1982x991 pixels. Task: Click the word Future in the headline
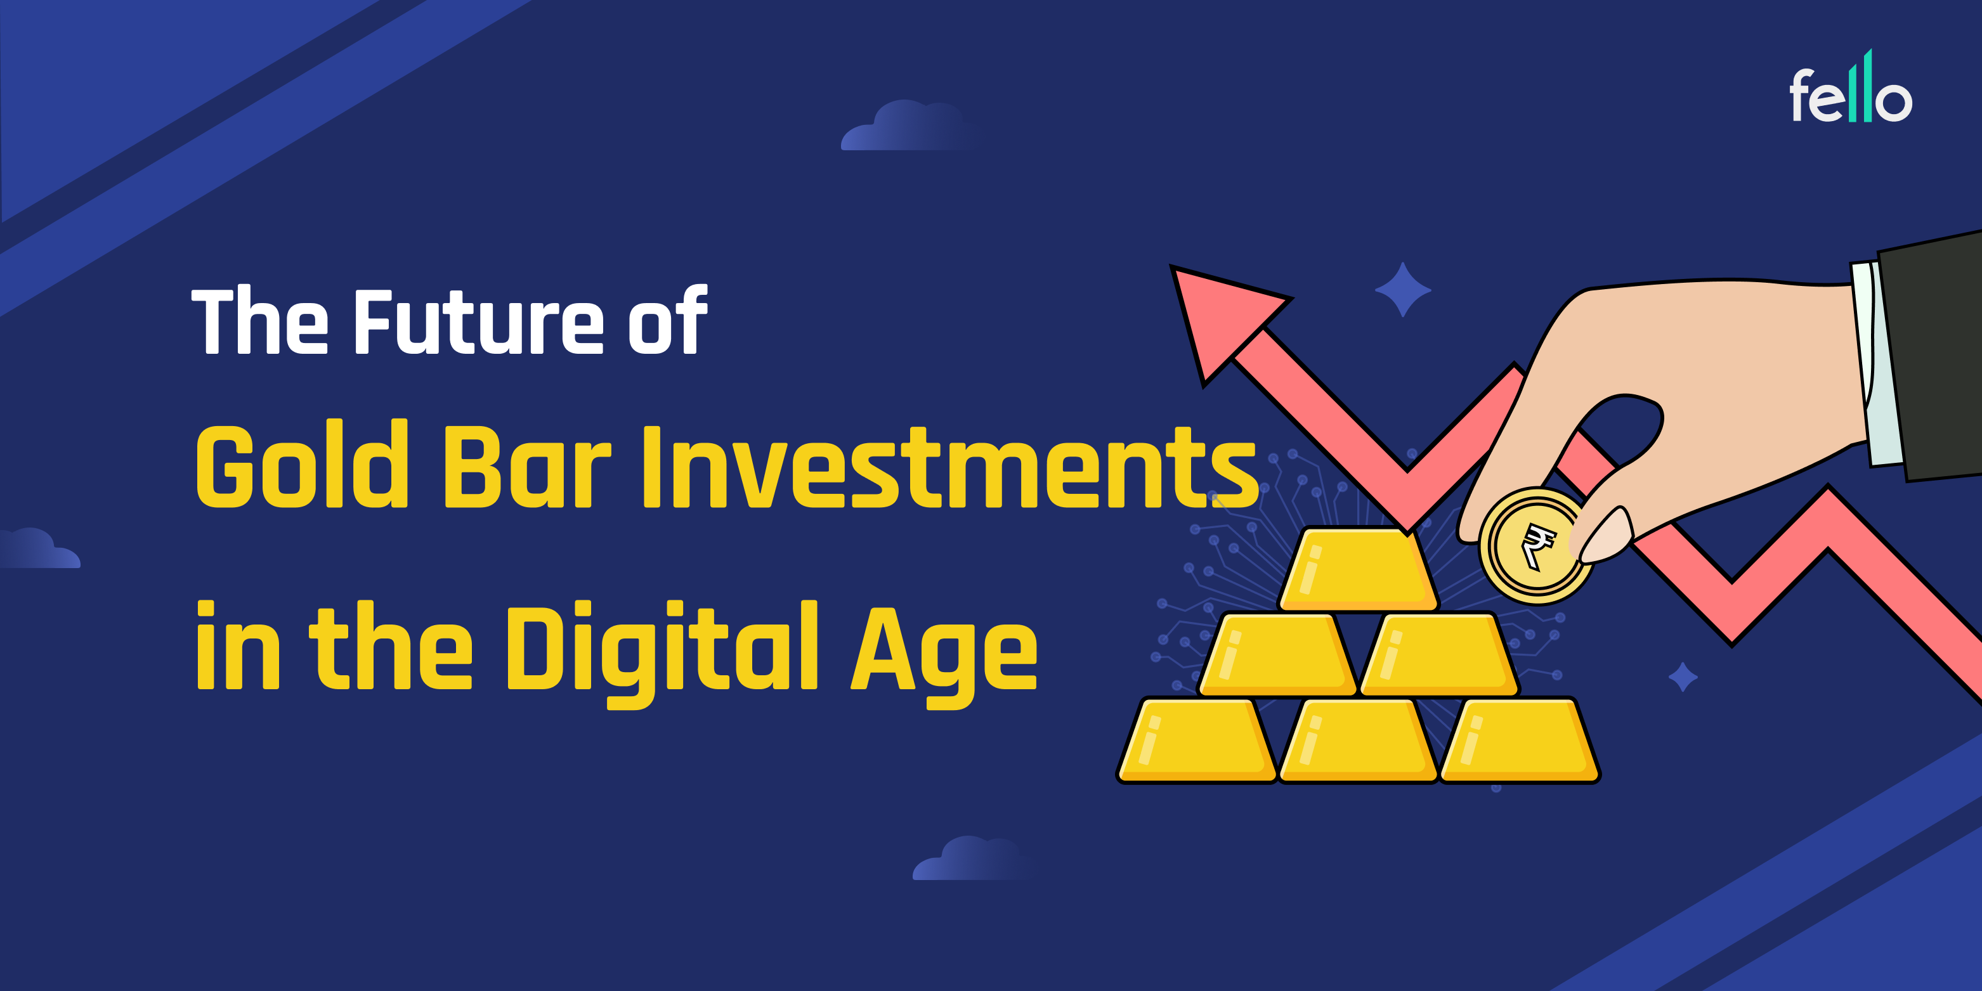[479, 321]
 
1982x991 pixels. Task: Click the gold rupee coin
[1535, 547]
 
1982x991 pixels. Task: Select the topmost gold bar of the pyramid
[1358, 569]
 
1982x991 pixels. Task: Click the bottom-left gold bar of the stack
[1196, 740]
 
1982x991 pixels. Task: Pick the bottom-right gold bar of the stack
[1520, 740]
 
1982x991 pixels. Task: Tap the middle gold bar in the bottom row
[1358, 740]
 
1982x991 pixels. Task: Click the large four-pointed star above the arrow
[1403, 290]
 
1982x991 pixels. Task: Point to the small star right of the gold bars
[1683, 677]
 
